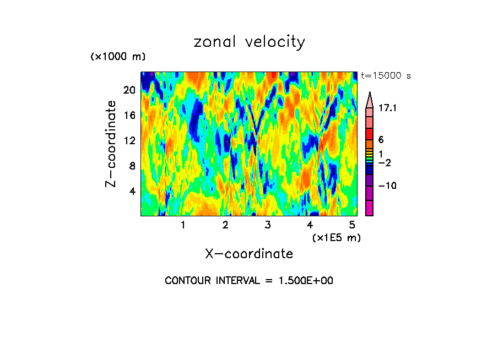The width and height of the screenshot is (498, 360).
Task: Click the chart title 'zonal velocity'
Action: click(249, 42)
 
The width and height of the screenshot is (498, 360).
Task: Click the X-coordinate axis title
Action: click(249, 253)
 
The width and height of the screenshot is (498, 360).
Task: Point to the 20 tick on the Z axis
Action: click(128, 90)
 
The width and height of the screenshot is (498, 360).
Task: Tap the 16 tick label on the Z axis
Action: click(128, 115)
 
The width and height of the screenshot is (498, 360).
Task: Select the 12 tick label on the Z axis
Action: click(128, 140)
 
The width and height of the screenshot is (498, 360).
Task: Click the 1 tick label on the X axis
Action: click(183, 225)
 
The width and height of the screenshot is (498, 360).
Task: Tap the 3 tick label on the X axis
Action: click(267, 225)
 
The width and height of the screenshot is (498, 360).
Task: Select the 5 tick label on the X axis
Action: click(352, 225)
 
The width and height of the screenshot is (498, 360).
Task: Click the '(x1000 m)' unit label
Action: click(118, 57)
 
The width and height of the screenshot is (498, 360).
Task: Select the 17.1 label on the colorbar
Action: click(388, 109)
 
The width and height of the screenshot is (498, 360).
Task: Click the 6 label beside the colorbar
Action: click(381, 140)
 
